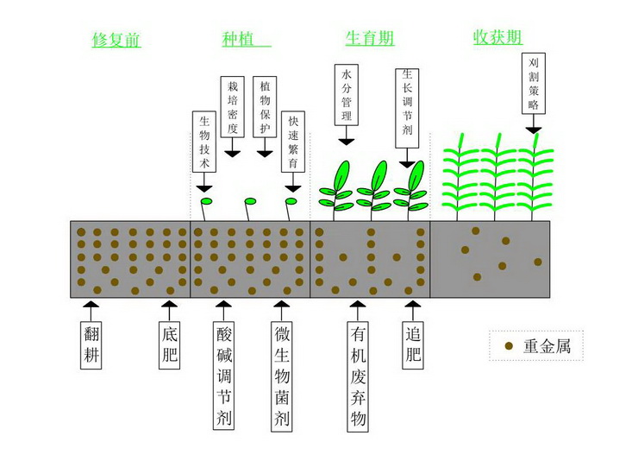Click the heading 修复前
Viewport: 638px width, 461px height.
[116, 40]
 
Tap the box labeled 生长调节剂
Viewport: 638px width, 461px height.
[408, 105]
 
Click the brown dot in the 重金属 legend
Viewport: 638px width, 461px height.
[509, 346]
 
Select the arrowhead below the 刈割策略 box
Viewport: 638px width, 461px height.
[533, 129]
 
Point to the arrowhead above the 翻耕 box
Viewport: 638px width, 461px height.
[94, 306]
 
